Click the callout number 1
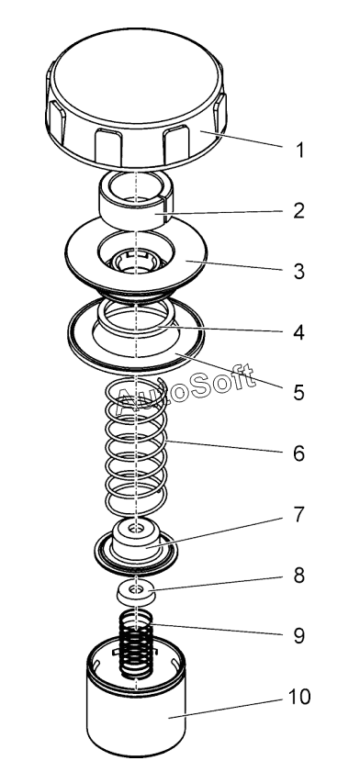[x=299, y=150]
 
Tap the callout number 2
[x=299, y=211]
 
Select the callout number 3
[x=299, y=271]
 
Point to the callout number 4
[x=298, y=332]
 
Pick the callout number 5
[x=298, y=393]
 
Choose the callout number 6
[x=298, y=453]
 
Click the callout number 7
[x=298, y=514]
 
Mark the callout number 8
[x=298, y=576]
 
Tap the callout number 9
[x=298, y=636]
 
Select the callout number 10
[x=299, y=697]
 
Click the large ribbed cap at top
[x=136, y=98]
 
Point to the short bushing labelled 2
[x=135, y=200]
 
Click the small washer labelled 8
[x=135, y=592]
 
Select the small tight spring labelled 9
[x=136, y=644]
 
